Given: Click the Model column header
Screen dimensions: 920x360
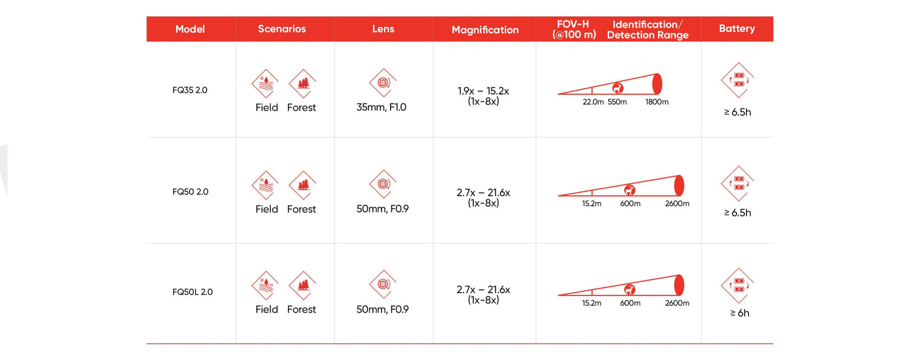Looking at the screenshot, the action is pyautogui.click(x=190, y=29).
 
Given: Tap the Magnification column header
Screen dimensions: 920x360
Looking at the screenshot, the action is pyautogui.click(x=485, y=30).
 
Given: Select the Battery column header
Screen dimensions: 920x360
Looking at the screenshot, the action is pyautogui.click(x=737, y=28).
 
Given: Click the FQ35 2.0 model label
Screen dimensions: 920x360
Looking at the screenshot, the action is pyautogui.click(x=190, y=90).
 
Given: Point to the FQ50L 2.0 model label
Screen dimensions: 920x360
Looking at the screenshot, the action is pyautogui.click(x=192, y=292).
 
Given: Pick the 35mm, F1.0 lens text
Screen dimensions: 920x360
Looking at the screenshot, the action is pyautogui.click(x=381, y=107).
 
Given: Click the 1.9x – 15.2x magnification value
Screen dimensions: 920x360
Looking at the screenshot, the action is pyautogui.click(x=483, y=91).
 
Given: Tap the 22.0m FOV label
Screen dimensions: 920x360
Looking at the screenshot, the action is pyautogui.click(x=593, y=102).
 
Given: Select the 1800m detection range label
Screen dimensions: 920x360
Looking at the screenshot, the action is pyautogui.click(x=657, y=102).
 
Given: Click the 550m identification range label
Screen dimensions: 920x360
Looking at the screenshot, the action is pyautogui.click(x=617, y=102).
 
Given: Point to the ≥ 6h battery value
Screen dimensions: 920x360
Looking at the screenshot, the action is pyautogui.click(x=740, y=313).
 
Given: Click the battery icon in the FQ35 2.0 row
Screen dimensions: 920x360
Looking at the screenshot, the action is pyautogui.click(x=738, y=80).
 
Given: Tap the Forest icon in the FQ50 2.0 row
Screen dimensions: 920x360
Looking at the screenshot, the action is pyautogui.click(x=303, y=185).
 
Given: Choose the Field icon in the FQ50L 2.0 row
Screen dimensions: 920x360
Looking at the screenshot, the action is pyautogui.click(x=266, y=285).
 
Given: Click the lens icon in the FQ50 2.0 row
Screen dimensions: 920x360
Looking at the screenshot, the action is pyautogui.click(x=383, y=184).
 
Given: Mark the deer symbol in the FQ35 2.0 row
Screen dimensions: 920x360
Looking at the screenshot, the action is pyautogui.click(x=618, y=88).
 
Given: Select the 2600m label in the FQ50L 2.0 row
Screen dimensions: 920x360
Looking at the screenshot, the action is pyautogui.click(x=677, y=303).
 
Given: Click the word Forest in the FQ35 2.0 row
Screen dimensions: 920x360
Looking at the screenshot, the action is pyautogui.click(x=302, y=107).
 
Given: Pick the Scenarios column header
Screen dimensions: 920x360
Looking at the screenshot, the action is pyautogui.click(x=282, y=29).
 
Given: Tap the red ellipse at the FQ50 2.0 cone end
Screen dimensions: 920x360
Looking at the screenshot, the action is pyautogui.click(x=680, y=185).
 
